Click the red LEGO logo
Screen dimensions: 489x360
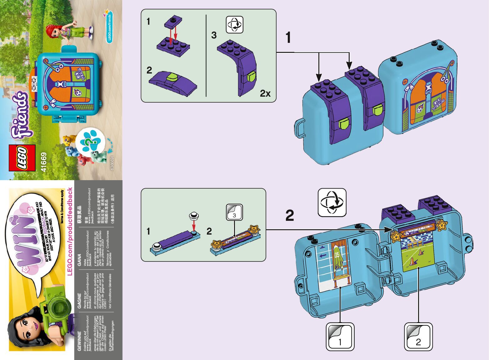click(22, 158)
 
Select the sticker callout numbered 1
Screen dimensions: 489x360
click(340, 337)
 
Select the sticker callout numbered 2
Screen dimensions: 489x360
click(418, 337)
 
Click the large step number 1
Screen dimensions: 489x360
click(288, 38)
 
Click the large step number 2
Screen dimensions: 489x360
click(290, 215)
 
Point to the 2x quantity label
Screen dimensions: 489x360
click(265, 93)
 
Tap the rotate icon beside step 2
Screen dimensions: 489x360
click(332, 202)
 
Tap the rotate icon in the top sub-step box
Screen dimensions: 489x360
click(234, 24)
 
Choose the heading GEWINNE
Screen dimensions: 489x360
click(79, 341)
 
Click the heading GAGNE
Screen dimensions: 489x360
click(79, 300)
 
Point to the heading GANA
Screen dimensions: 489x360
click(79, 260)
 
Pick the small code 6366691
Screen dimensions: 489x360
click(112, 163)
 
